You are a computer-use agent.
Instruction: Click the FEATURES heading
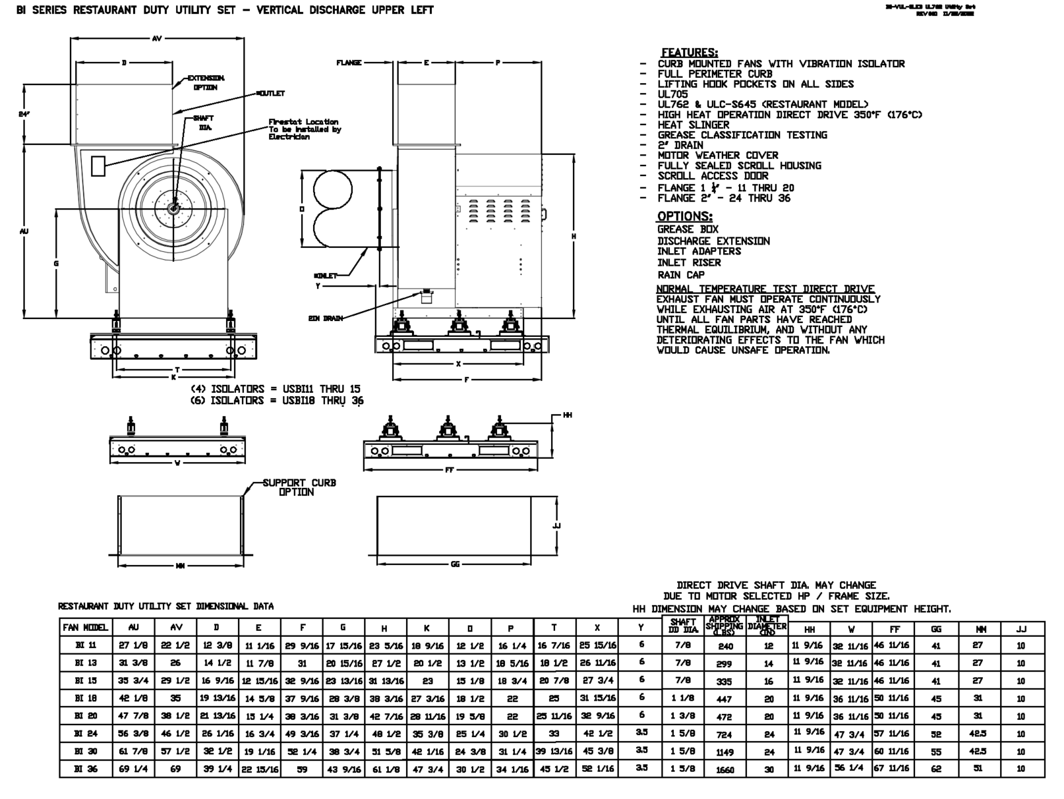(689, 53)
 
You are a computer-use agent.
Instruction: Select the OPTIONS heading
(684, 216)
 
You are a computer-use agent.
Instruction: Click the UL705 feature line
(672, 94)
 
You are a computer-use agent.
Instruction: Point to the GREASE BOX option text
(688, 229)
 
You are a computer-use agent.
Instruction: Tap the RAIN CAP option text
(680, 275)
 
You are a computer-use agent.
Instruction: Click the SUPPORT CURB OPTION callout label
(299, 487)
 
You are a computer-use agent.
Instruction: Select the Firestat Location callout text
(304, 129)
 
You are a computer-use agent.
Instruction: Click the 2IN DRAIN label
(326, 318)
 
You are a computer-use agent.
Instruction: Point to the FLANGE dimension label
(349, 63)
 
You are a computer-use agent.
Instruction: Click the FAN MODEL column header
(86, 628)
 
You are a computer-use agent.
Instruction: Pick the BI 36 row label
(86, 769)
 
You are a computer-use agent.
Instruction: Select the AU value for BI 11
(133, 645)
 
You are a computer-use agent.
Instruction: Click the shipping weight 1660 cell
(724, 769)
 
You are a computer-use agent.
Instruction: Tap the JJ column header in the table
(1021, 630)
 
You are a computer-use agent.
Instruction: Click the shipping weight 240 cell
(724, 647)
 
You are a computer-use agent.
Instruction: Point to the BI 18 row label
(86, 698)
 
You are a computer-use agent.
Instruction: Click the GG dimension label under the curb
(455, 564)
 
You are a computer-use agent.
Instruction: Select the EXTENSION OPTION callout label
(206, 82)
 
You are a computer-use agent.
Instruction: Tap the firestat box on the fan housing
(98, 165)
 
